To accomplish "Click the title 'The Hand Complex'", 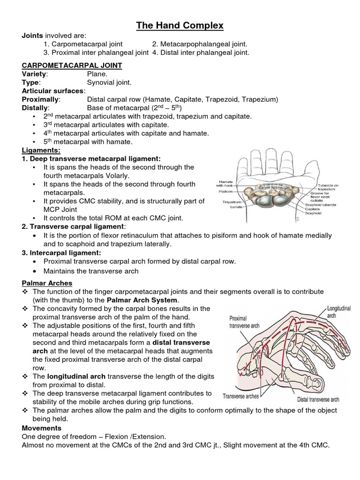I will tap(180, 25).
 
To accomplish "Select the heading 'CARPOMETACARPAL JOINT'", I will tap(72, 66).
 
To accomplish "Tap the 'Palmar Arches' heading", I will tap(47, 283).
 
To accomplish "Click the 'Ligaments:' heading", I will tap(41, 150).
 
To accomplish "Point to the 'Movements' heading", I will tap(41, 428).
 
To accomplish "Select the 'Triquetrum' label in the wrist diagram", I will tap(232, 202).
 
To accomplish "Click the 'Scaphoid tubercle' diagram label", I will tap(321, 204).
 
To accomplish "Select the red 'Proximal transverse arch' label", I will tap(242, 322).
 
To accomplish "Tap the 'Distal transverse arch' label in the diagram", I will tap(318, 399).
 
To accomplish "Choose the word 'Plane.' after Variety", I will tap(97, 74).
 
